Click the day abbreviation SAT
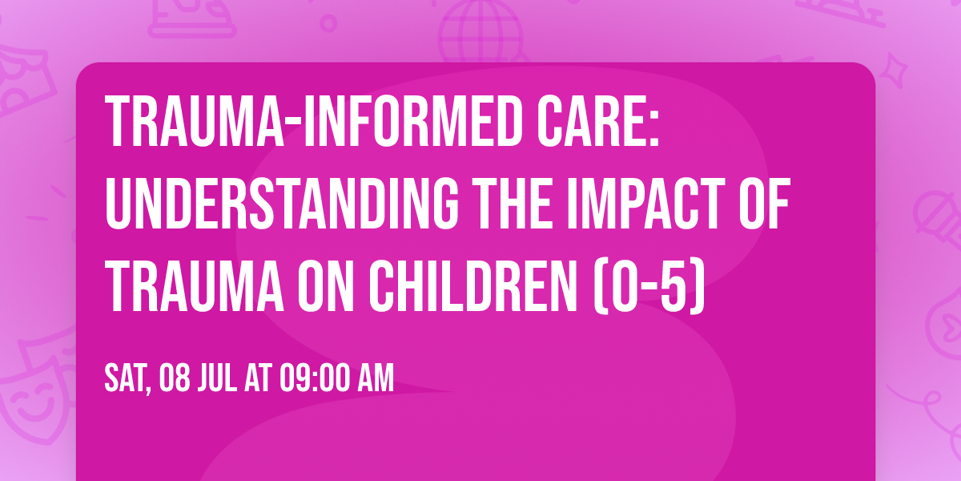(127, 378)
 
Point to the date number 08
(176, 378)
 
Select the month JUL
(217, 378)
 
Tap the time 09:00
(314, 378)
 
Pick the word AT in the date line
(257, 378)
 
